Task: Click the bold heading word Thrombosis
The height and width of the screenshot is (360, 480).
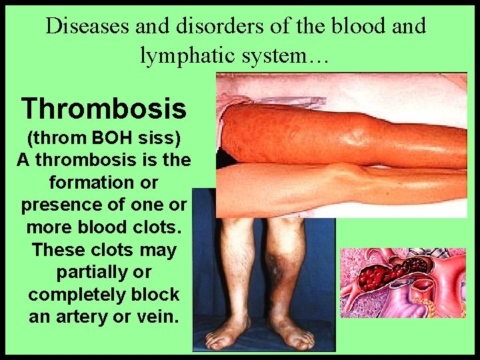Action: tap(103, 107)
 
